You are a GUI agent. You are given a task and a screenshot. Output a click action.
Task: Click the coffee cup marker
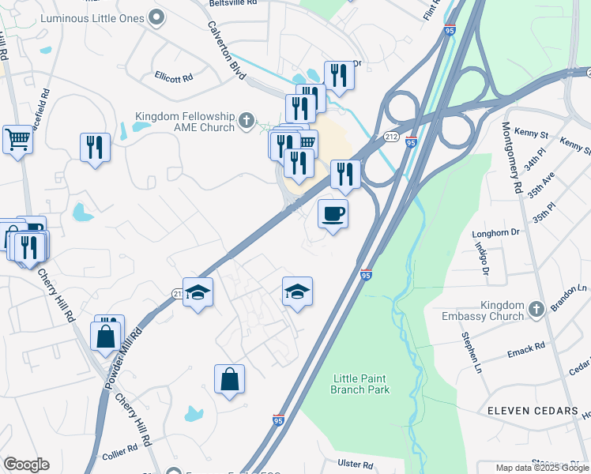[x=333, y=213]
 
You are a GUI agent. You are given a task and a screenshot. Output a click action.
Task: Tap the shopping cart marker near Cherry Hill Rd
[x=17, y=140]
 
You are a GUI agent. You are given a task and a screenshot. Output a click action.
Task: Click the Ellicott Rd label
[x=174, y=78]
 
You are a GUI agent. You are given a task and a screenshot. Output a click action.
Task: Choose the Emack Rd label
[x=527, y=346]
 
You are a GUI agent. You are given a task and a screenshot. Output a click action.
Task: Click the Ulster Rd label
[x=355, y=465]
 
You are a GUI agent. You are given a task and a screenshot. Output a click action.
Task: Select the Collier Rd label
[x=120, y=457]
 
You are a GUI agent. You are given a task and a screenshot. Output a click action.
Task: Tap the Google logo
[x=26, y=465]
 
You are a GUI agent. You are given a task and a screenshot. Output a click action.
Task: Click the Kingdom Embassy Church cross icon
[x=536, y=309]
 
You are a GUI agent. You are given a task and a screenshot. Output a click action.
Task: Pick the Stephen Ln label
[x=471, y=352]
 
